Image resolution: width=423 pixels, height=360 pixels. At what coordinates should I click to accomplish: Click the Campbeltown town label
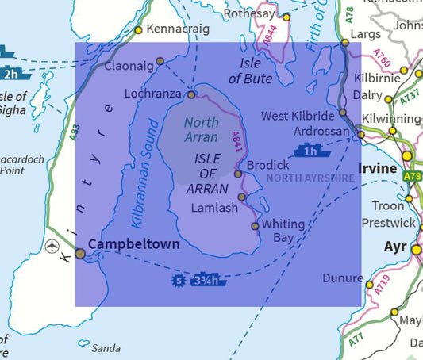pos(134,244)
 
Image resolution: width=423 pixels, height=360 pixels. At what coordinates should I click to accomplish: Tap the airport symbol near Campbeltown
pos(53,244)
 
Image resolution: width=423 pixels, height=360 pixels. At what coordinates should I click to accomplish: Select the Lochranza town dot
pos(191,94)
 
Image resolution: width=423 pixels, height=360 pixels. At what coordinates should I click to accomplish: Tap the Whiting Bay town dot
pos(255,226)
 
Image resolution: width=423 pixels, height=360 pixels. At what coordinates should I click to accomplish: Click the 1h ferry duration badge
pos(310,151)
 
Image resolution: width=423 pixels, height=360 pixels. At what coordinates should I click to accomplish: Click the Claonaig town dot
pos(160,61)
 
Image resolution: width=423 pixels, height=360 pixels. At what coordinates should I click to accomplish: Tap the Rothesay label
pos(248,13)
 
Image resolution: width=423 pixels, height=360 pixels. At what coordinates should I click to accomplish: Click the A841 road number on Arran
pos(235,144)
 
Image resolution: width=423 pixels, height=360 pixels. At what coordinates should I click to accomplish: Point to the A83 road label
pos(74,134)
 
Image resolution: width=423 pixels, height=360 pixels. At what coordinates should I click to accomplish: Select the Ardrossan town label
pos(321,130)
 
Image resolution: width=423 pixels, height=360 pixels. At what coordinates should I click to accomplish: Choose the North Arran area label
pos(202,130)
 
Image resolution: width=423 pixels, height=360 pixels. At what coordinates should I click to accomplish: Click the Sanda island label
pos(106,348)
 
